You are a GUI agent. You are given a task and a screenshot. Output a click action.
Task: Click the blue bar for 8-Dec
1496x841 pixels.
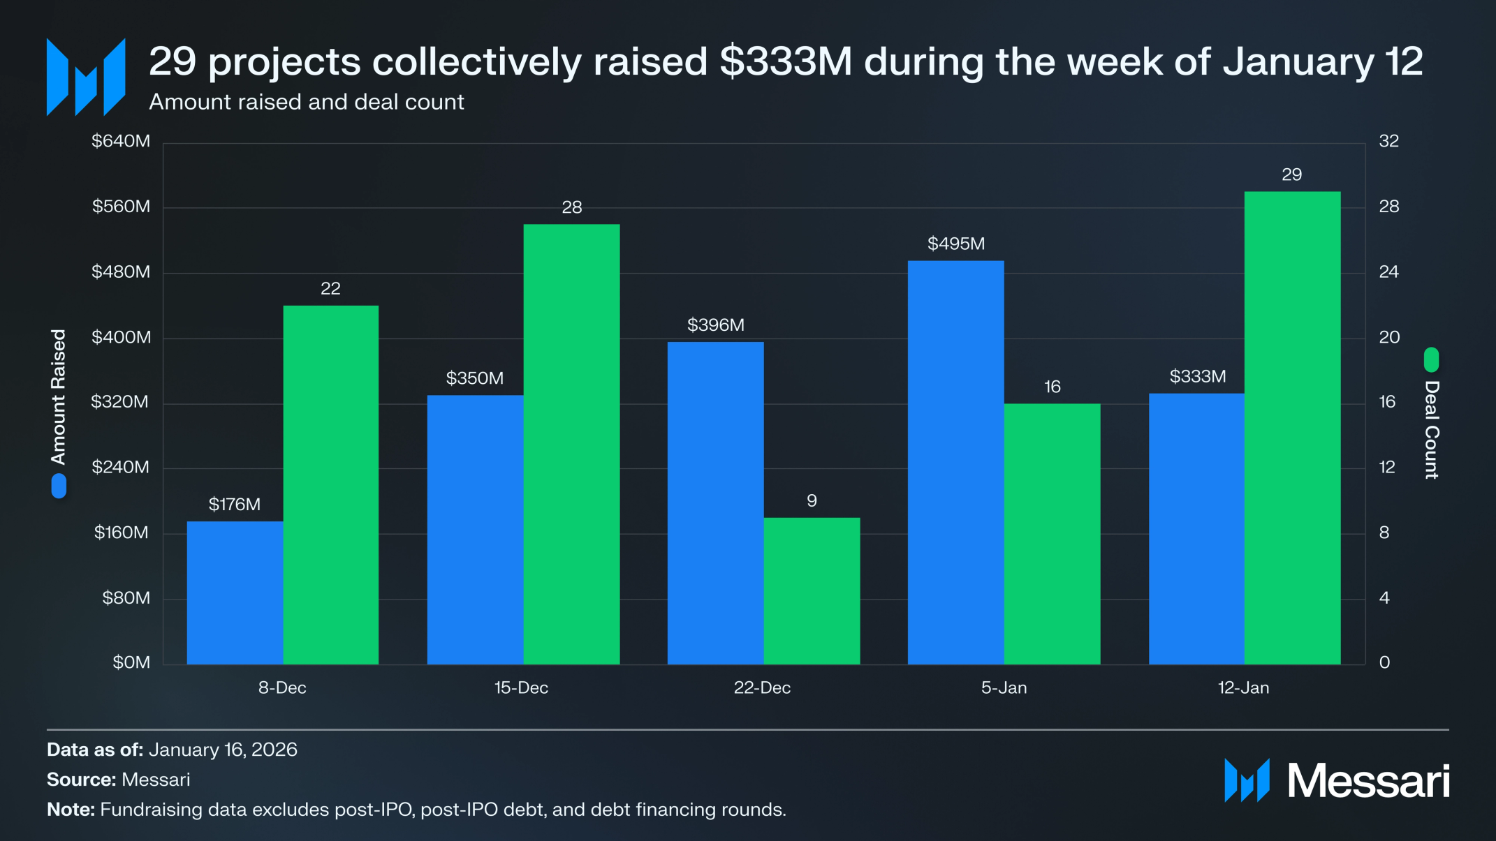click(235, 593)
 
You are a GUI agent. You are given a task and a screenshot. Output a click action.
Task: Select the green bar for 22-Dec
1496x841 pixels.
click(812, 590)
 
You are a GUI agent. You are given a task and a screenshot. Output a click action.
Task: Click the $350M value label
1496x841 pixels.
click(475, 378)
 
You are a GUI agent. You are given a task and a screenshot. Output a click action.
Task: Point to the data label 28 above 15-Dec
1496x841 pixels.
click(571, 207)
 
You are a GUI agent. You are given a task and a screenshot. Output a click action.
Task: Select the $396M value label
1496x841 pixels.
click(715, 325)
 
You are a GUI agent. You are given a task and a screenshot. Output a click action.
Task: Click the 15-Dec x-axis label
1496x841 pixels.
click(521, 688)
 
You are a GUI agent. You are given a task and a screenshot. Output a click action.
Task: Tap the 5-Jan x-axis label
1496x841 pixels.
click(1004, 688)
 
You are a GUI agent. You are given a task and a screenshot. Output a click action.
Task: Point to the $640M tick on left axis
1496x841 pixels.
click(121, 142)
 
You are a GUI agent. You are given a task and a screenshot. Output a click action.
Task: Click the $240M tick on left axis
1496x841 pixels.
click(121, 468)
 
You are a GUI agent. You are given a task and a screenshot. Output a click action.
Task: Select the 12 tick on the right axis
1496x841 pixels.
click(1387, 468)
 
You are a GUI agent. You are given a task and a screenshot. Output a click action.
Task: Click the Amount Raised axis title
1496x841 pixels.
click(59, 396)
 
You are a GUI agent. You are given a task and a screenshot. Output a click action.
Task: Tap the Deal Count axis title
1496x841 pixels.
click(1432, 429)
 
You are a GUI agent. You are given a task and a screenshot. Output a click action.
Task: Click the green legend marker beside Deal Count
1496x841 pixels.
click(1431, 359)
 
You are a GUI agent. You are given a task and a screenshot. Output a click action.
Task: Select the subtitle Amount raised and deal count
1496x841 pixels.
click(306, 102)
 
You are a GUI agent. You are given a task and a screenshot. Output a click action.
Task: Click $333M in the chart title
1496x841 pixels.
click(786, 61)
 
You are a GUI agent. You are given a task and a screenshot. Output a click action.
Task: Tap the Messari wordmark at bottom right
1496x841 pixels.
click(1367, 781)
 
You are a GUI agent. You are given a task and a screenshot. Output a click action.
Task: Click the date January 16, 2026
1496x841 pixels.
click(223, 750)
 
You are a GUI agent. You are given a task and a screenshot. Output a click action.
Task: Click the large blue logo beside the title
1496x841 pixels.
click(86, 77)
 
